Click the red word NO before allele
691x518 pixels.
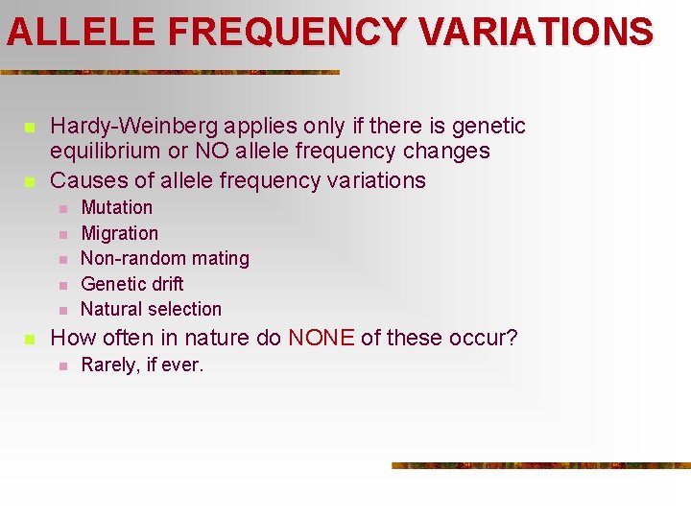211,152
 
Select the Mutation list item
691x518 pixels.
116,207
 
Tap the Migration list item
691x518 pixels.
119,233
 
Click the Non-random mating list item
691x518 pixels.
164,258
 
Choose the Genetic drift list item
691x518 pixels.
131,284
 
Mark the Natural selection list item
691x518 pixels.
151,309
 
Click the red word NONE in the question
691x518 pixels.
322,338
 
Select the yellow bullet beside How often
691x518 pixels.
30,339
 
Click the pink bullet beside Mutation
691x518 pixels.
61,208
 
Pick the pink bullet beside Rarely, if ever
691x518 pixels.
61,365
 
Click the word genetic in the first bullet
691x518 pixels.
490,127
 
